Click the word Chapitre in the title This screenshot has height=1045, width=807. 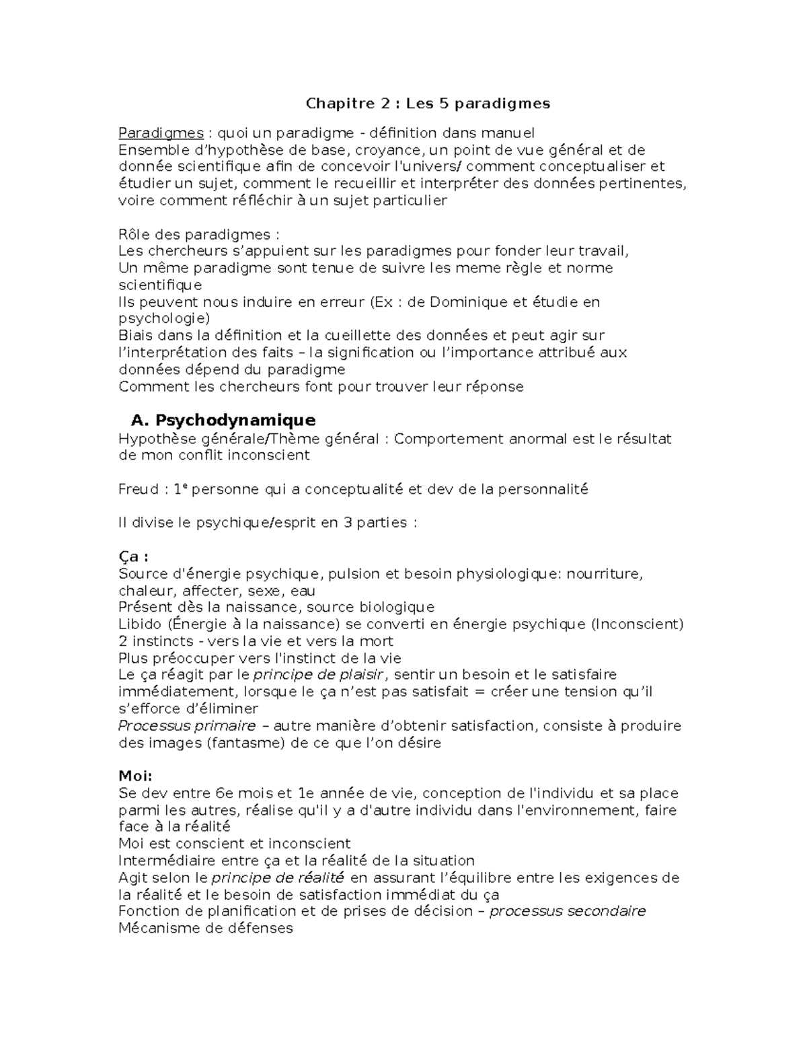334,104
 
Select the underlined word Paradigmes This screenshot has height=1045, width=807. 161,133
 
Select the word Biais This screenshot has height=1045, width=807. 135,336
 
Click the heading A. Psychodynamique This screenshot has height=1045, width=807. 223,421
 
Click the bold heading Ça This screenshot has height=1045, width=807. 132,557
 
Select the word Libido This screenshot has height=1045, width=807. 138,624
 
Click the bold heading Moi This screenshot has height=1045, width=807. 135,777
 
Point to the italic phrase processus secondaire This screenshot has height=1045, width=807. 567,912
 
